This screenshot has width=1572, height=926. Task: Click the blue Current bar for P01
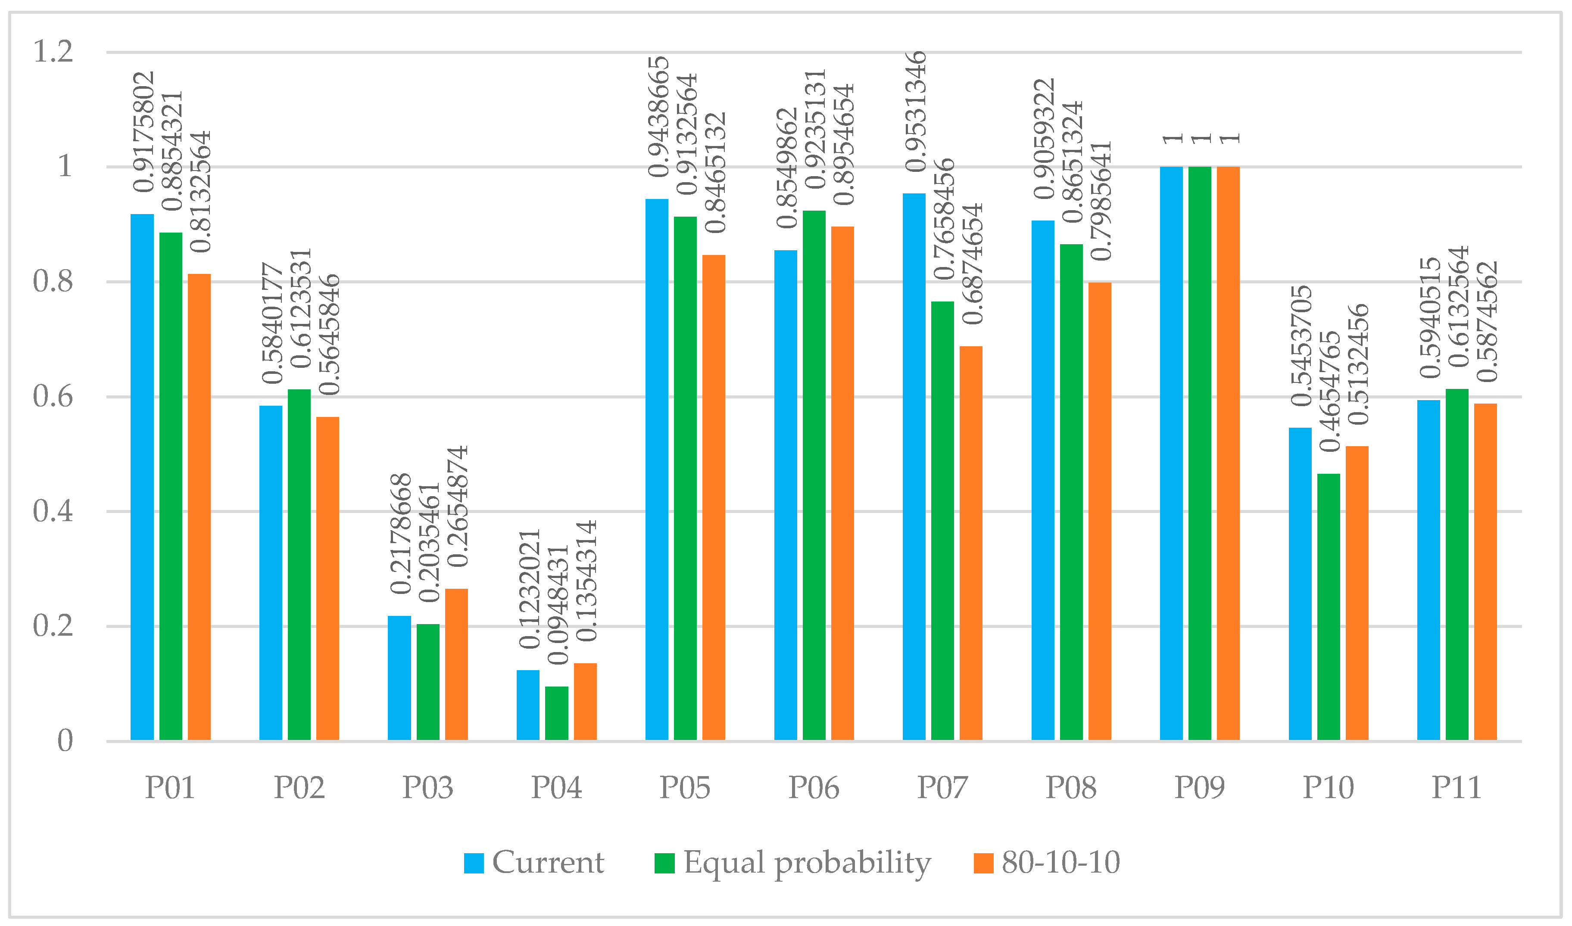(142, 477)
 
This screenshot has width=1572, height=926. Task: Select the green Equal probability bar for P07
(943, 521)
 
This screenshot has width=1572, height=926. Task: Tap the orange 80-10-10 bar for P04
(585, 702)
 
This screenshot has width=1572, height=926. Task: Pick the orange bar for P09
(1228, 454)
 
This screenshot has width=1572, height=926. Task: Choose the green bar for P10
(1329, 607)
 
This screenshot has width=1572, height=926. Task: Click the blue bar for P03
(399, 678)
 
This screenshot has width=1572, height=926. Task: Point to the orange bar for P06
(842, 484)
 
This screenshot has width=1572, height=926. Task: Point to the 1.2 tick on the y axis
(53, 51)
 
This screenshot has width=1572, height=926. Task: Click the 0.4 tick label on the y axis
(53, 511)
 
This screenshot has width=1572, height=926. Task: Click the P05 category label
(685, 787)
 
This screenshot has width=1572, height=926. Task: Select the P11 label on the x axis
(1456, 787)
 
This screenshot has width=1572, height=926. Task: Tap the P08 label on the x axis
(1071, 787)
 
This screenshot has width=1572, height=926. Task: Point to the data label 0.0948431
(558, 605)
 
